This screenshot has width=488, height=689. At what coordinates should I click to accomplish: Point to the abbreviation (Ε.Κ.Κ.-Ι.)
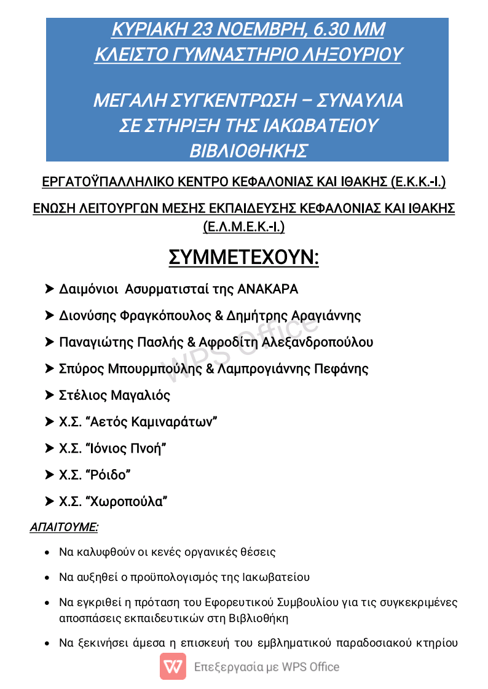click(x=418, y=182)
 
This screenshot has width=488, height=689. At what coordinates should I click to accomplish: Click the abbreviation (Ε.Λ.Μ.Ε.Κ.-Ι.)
click(x=244, y=227)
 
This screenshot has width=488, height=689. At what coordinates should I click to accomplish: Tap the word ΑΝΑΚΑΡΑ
click(x=268, y=289)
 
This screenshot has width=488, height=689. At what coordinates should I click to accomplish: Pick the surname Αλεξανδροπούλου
click(x=317, y=342)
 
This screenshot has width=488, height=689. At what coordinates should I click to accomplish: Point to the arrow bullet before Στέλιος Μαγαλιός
click(x=50, y=395)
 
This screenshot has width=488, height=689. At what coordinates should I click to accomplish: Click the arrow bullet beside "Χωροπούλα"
click(x=50, y=502)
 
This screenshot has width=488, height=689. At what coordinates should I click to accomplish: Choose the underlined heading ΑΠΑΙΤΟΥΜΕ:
click(x=65, y=527)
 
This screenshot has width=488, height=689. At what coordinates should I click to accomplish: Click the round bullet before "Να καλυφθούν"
click(x=48, y=553)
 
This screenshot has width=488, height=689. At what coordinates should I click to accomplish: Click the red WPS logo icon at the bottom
click(x=173, y=666)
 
